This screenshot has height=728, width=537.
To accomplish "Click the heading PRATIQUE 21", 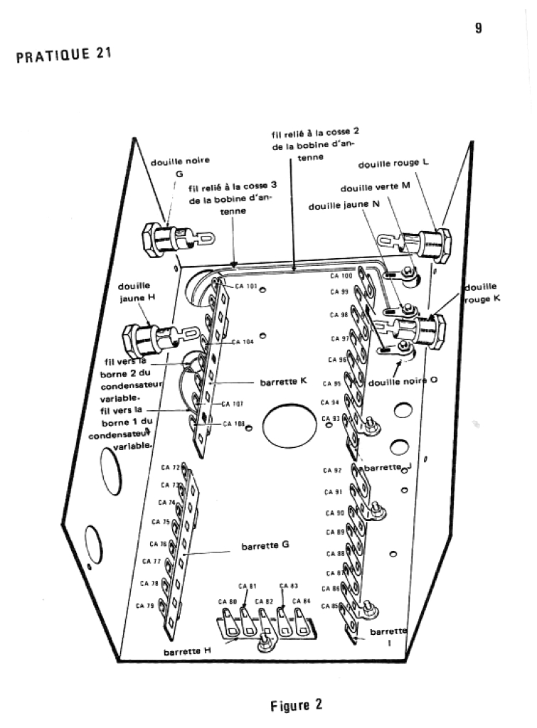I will click(x=64, y=55).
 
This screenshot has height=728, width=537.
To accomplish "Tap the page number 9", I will click(x=479, y=28).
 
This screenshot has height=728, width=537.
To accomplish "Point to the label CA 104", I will click(x=243, y=341).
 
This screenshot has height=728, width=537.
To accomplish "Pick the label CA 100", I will click(x=341, y=275).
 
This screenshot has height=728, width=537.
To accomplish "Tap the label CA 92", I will click(x=333, y=471).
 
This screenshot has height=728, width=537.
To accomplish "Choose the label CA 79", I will click(x=146, y=606).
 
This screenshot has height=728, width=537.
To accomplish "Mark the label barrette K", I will click(x=282, y=381).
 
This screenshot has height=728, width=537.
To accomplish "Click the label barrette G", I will click(x=265, y=547).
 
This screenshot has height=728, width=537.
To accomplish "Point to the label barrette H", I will click(x=187, y=651).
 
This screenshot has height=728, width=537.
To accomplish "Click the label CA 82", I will click(x=265, y=601).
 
